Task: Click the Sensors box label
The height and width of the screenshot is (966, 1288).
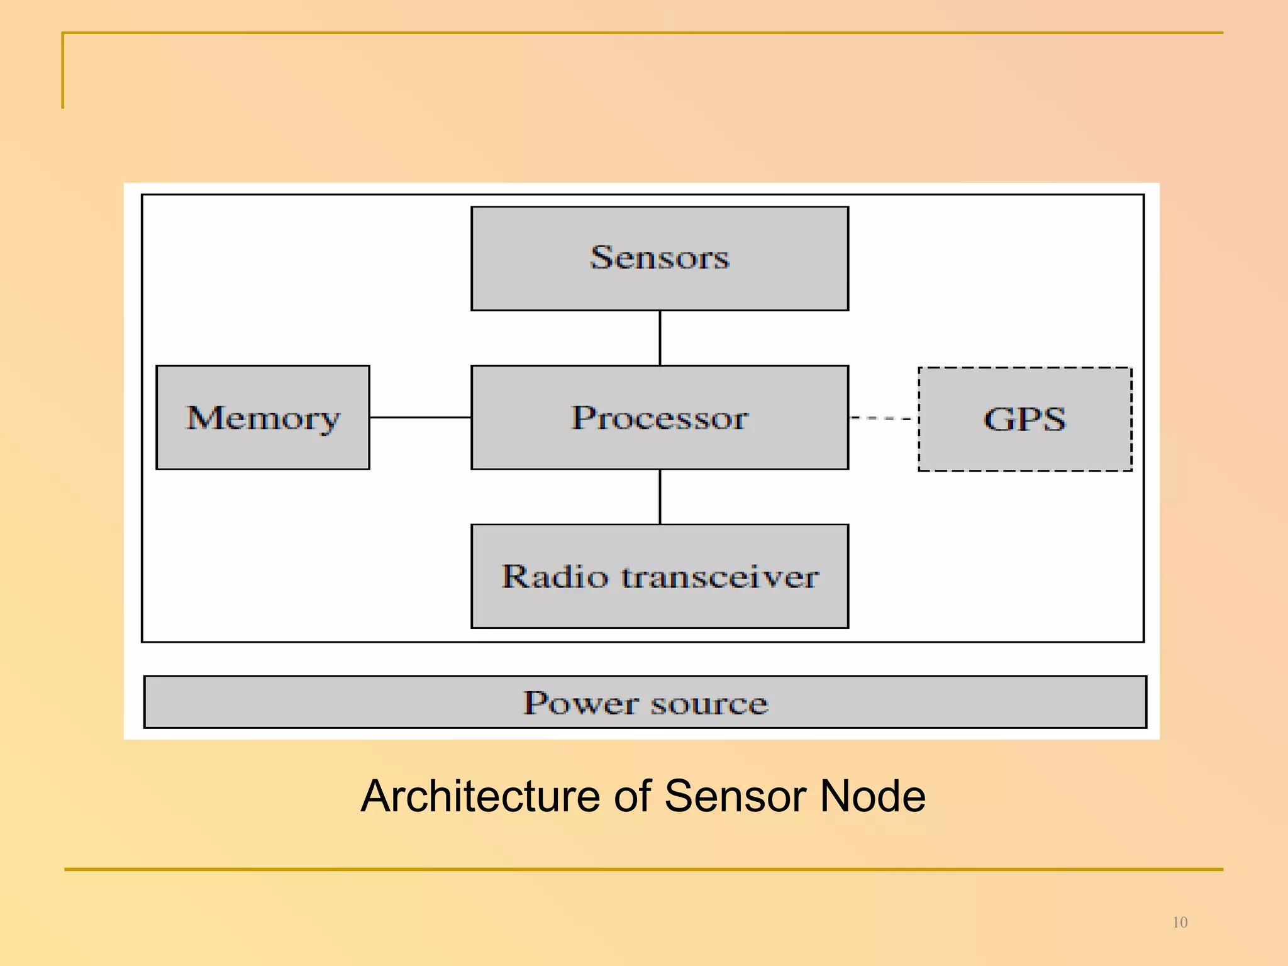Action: tap(659, 258)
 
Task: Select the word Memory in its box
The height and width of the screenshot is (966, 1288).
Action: tap(263, 418)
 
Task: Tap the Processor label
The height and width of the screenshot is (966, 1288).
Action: tap(659, 418)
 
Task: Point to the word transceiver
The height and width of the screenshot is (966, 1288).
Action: tap(720, 577)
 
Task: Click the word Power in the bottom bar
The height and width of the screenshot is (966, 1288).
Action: tap(580, 702)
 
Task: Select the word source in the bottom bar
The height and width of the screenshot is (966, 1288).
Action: tap(709, 704)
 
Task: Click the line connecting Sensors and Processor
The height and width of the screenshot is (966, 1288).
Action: tap(660, 338)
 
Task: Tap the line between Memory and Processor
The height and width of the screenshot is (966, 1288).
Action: tap(420, 417)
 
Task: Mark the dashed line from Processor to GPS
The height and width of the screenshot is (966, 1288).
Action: tap(883, 418)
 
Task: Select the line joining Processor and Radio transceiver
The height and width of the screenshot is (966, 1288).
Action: tap(660, 496)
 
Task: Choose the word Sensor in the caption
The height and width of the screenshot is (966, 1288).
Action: tap(735, 797)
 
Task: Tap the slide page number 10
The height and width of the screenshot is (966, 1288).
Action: tap(1180, 923)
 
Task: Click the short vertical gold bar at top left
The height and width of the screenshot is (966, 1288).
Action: tap(63, 70)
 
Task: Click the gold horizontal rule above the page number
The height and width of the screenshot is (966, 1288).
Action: tap(643, 870)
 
